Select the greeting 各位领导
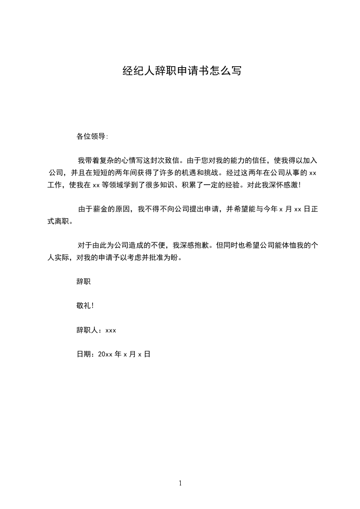pos(91,136)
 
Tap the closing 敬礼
pos(84,306)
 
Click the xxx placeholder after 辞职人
pos(111,331)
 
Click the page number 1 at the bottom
pos(180,484)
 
